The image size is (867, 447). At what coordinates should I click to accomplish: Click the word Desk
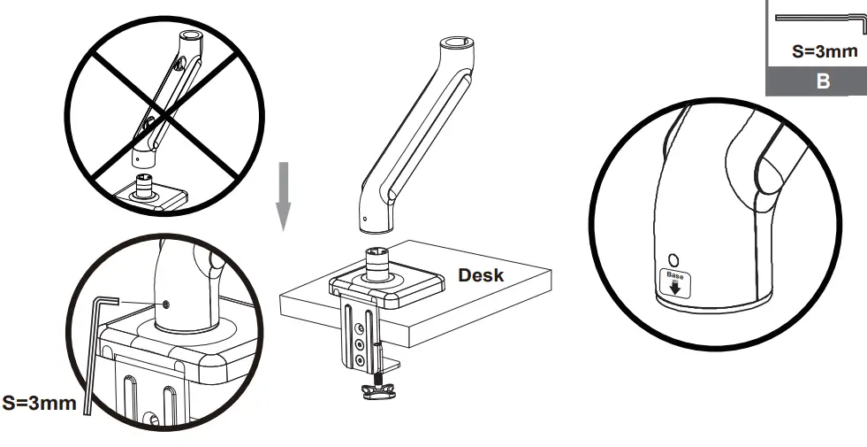pyautogui.click(x=481, y=275)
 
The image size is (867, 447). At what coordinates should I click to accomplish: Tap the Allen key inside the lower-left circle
pyautogui.click(x=96, y=354)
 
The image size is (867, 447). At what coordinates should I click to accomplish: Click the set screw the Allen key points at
pyautogui.click(x=166, y=305)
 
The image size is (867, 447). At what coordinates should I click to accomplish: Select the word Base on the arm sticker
pyautogui.click(x=674, y=277)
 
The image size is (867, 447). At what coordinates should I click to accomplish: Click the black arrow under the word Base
pyautogui.click(x=675, y=289)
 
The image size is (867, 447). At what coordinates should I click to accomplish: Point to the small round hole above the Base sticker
pyautogui.click(x=673, y=260)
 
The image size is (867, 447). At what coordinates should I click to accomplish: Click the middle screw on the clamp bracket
pyautogui.click(x=359, y=343)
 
